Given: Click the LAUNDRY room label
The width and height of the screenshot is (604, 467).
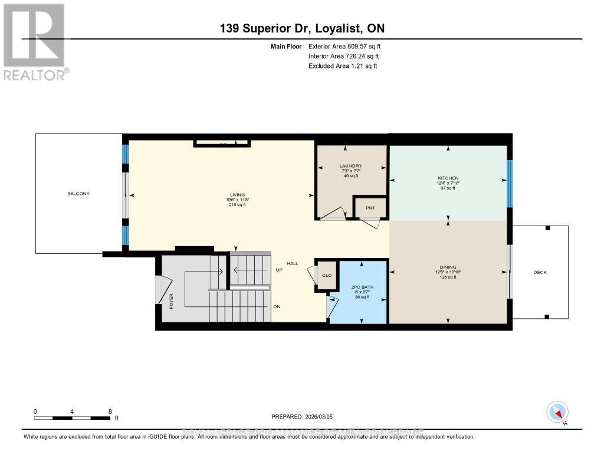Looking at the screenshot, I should (350, 166).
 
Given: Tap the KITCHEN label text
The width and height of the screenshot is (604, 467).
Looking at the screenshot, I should (447, 178).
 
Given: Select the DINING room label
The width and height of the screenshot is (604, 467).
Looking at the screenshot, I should (448, 267).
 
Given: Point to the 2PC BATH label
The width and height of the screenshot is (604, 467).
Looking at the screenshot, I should (357, 287).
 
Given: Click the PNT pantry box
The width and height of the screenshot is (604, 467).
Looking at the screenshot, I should (370, 208).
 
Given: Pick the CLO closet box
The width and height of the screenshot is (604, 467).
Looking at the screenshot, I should (327, 275).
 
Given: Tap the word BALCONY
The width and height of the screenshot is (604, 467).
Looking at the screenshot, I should (78, 194).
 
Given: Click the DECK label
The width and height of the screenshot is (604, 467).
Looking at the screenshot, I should (540, 272).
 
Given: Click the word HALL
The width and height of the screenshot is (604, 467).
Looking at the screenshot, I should (293, 263).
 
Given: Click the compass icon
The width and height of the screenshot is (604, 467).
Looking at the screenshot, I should (557, 412).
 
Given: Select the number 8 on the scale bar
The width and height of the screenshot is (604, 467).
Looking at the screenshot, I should (110, 411).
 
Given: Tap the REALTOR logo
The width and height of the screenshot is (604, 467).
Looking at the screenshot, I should (34, 41).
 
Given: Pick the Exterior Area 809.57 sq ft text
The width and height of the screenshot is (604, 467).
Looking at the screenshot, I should (349, 46).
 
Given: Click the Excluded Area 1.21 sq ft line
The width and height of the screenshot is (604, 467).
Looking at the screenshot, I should (343, 66).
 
